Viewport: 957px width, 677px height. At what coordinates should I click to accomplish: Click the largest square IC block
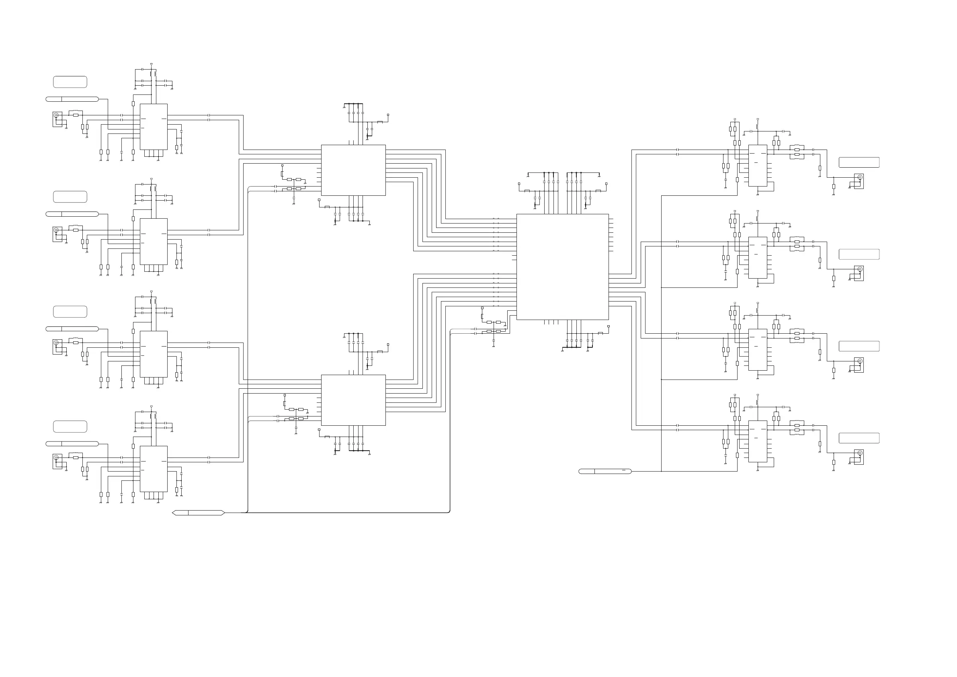[x=562, y=267]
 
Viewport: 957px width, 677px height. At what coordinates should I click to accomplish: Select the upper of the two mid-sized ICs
[x=353, y=170]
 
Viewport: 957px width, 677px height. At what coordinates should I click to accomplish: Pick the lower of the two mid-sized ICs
[x=353, y=400]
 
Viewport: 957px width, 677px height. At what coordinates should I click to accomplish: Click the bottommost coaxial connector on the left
[x=57, y=458]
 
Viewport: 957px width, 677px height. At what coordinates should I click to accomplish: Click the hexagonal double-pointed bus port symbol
[x=199, y=513]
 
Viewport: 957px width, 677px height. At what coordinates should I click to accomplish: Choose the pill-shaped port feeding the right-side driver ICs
[x=605, y=471]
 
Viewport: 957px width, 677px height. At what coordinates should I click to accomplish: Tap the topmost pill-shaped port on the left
[x=72, y=99]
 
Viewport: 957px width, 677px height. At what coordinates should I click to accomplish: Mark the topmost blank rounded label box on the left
[x=70, y=82]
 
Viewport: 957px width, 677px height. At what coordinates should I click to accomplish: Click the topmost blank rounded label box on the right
[x=859, y=162]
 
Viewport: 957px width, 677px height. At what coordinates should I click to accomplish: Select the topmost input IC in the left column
[x=154, y=127]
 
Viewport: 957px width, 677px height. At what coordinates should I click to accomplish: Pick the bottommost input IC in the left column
[x=154, y=469]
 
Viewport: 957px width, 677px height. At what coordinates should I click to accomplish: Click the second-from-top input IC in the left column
[x=154, y=241]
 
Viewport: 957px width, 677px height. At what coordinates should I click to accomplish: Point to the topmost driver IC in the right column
[x=757, y=166]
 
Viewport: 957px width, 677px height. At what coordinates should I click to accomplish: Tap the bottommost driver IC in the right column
[x=757, y=441]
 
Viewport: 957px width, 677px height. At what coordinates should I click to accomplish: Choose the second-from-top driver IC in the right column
[x=757, y=258]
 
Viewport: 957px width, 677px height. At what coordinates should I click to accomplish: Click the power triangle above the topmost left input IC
[x=151, y=64]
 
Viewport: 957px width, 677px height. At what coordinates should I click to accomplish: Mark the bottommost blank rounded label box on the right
[x=859, y=438]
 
